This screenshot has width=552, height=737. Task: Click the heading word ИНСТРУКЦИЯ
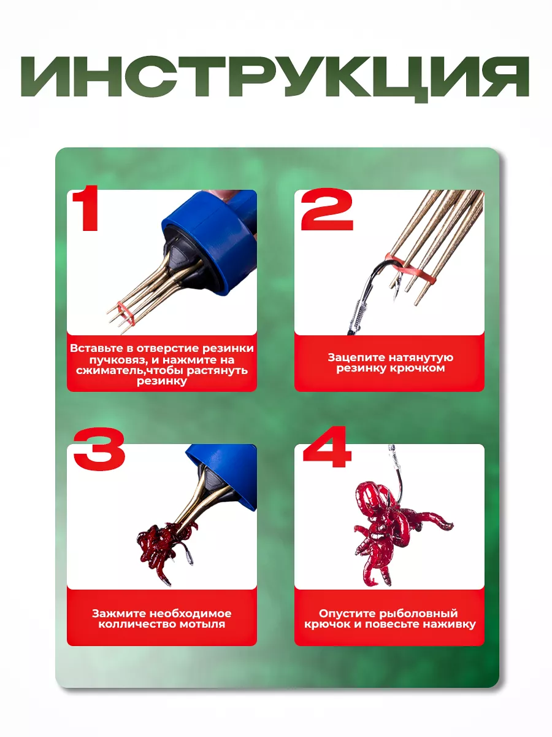pos(275,78)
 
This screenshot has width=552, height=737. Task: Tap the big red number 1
pos(87,208)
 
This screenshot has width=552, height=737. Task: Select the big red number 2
pos(328,209)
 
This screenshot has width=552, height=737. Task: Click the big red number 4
pos(327,446)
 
